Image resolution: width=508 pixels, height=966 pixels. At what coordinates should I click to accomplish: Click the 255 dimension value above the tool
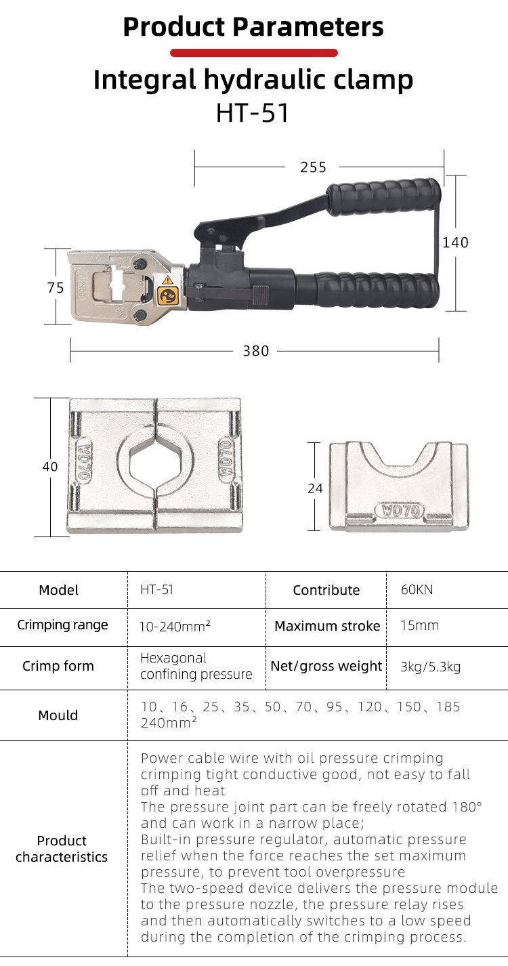[313, 167]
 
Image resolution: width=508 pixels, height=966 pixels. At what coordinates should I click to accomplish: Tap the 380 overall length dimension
[256, 351]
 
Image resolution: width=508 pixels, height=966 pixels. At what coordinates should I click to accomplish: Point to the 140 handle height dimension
[455, 243]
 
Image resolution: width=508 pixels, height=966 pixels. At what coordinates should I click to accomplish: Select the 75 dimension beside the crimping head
[55, 288]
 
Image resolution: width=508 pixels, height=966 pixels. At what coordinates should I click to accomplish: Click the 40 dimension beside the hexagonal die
[50, 466]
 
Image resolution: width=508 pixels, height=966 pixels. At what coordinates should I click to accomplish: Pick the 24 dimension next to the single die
[315, 488]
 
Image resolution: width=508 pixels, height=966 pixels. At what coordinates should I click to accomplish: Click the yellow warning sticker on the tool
[168, 291]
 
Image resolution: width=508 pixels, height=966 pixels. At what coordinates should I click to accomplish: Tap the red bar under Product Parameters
[253, 53]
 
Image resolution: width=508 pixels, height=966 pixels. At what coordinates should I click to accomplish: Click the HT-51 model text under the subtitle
[252, 113]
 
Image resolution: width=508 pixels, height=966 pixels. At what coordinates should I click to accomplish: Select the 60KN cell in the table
[417, 589]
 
